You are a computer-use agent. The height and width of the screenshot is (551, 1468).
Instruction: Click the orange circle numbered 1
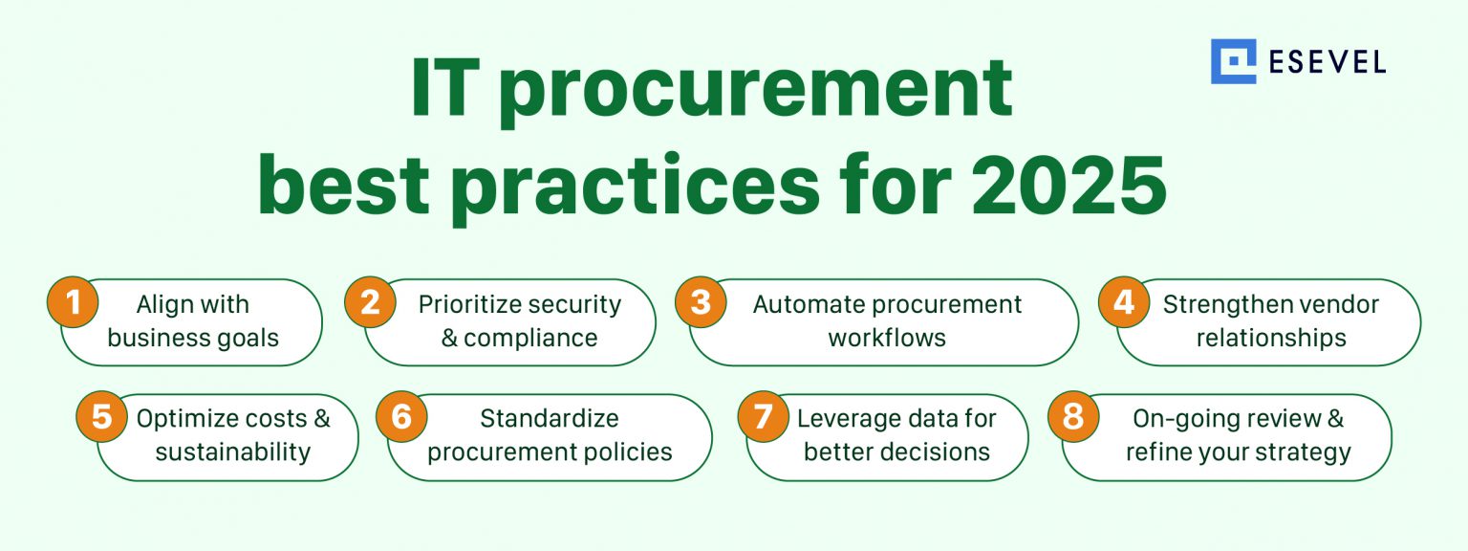[x=73, y=303]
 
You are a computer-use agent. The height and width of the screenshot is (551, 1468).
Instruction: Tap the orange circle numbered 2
[x=370, y=303]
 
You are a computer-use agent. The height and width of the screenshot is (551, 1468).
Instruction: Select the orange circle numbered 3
[x=701, y=303]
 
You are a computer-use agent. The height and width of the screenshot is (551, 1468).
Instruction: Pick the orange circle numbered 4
[x=1123, y=303]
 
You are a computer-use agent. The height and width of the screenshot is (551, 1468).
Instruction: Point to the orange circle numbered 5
[x=100, y=419]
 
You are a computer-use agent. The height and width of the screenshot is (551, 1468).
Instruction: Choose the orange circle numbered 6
[x=400, y=419]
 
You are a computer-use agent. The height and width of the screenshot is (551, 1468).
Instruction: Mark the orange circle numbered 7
[x=763, y=419]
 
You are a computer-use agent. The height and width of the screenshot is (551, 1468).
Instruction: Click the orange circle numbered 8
[x=1073, y=419]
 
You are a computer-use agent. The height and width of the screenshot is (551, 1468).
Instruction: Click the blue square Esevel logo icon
[x=1233, y=62]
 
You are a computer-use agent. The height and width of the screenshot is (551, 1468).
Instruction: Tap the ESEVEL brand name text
[x=1328, y=62]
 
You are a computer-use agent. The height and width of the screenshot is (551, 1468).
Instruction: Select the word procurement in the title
[x=755, y=89]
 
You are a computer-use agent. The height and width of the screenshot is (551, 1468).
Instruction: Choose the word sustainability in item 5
[x=233, y=452]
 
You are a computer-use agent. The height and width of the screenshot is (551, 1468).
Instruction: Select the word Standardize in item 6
[x=550, y=419]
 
